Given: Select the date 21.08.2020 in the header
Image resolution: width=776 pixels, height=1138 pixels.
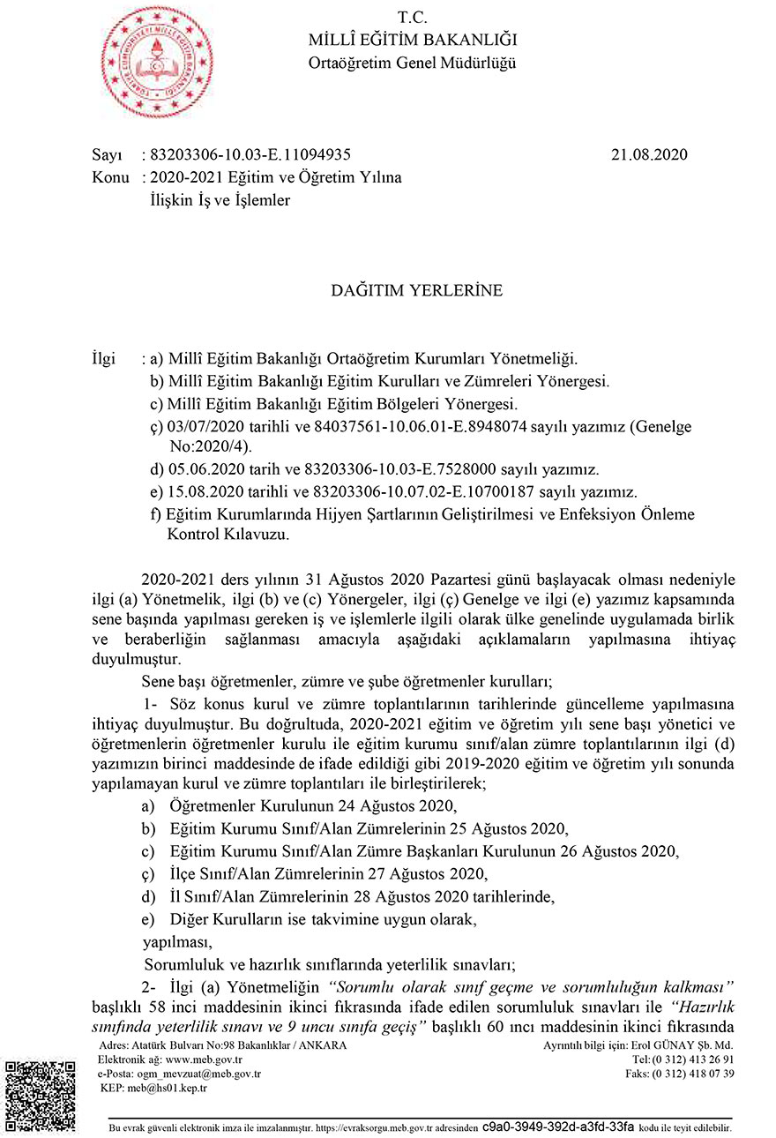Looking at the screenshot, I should click(x=648, y=154).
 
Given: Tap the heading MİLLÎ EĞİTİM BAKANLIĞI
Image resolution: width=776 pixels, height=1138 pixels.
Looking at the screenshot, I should click(x=412, y=40).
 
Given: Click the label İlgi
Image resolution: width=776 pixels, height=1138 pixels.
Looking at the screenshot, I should click(x=104, y=359).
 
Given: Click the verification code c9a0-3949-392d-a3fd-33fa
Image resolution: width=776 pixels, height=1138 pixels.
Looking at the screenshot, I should click(x=558, y=1127).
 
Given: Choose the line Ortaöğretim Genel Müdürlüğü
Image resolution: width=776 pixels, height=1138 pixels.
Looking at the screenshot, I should click(x=412, y=63).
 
